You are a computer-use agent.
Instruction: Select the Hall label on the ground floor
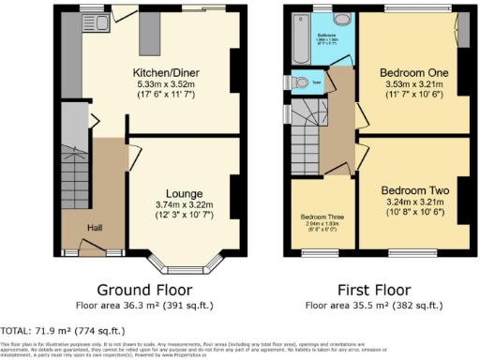click(95, 226)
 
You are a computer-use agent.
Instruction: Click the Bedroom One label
click(413, 71)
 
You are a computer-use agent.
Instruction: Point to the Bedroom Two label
click(413, 190)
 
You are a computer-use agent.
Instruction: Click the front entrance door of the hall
click(91, 248)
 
